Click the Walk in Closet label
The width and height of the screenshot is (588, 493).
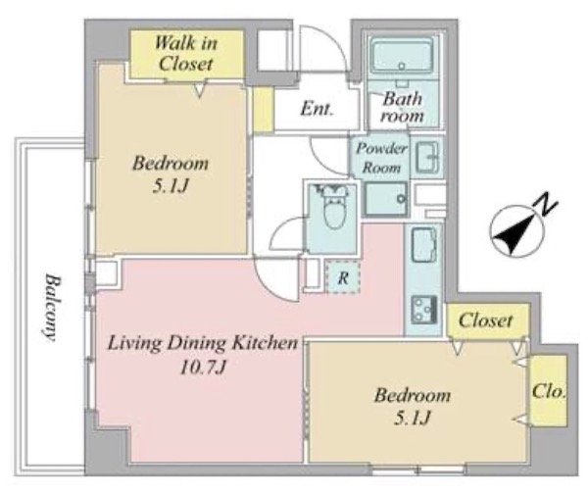pos(185,53)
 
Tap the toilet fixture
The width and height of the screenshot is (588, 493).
pos(331,207)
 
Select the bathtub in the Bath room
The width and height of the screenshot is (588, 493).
pos(402,56)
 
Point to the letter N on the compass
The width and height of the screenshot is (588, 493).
pos(547,206)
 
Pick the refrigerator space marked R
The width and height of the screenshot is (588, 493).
pos(343,277)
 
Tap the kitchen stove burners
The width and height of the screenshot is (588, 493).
pos(424,310)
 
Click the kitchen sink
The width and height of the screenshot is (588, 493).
pos(423,245)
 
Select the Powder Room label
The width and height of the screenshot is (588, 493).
pos(381,158)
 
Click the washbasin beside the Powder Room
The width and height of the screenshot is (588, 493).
pos(426,157)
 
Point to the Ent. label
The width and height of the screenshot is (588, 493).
pos(317,109)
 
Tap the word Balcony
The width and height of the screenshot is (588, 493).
pos(51,308)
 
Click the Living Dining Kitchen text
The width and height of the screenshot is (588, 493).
pos(203,344)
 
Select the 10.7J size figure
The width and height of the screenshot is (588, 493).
pos(203,368)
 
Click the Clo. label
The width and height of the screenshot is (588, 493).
pos(549,392)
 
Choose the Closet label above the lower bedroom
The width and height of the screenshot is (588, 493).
pos(485,320)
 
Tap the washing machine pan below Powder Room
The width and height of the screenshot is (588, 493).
pos(387,199)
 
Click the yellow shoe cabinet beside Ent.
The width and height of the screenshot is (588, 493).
pos(263,110)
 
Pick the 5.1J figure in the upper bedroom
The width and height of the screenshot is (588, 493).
pos(170,186)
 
